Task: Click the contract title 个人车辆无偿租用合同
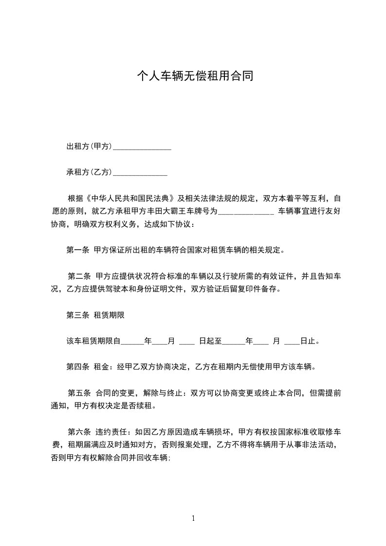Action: [x=195, y=76]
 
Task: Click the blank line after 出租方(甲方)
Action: [x=142, y=147]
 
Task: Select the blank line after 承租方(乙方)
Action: [x=140, y=172]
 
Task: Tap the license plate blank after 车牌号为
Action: [x=246, y=212]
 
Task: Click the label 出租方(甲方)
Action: [x=90, y=146]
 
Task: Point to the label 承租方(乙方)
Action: [x=90, y=172]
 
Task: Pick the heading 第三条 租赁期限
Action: [x=96, y=315]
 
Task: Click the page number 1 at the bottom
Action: [x=193, y=518]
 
